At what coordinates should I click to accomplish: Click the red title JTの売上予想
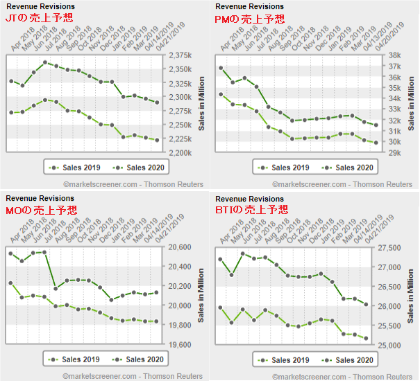coord(38,18)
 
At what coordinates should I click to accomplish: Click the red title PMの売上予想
coord(249,18)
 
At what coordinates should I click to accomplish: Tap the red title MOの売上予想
coord(41,210)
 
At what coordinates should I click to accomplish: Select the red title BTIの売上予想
coord(251,210)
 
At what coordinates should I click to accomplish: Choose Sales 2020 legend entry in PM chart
coord(350,168)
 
